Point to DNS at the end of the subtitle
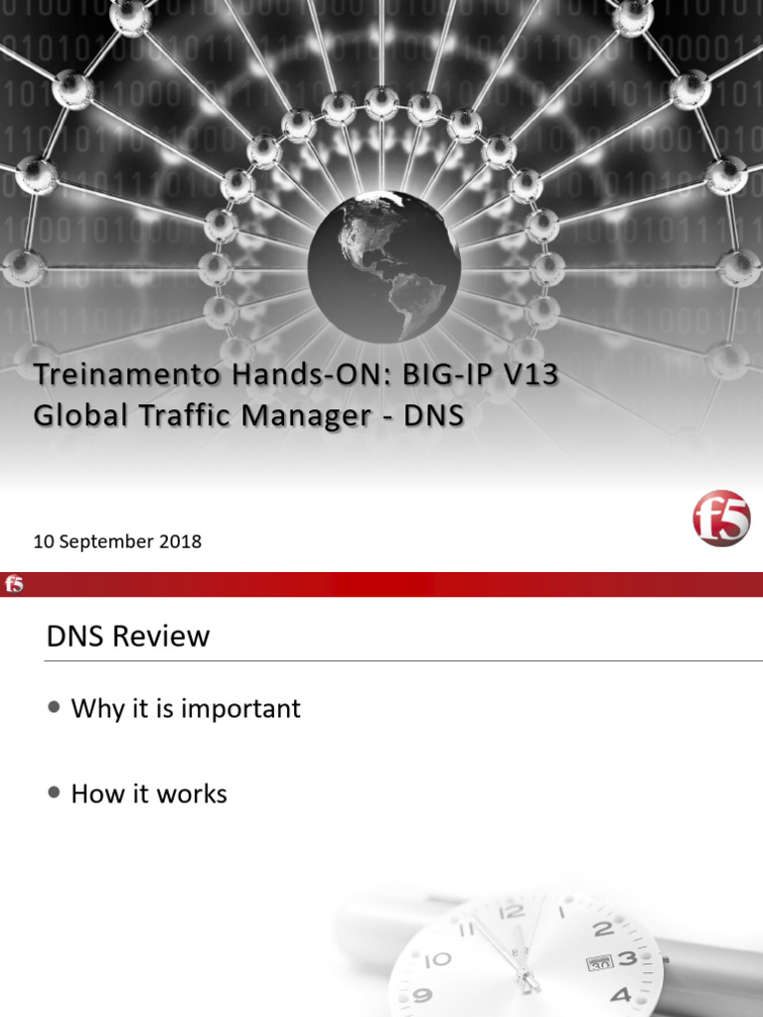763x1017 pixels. [x=433, y=415]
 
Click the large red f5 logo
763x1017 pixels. [x=721, y=518]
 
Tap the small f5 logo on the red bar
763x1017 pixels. [x=14, y=584]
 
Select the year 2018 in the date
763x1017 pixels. [x=181, y=542]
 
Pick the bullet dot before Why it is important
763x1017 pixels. [x=54, y=707]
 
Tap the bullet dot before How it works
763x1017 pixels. [x=54, y=793]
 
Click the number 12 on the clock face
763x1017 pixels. [x=512, y=912]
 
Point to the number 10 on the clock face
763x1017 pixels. [x=437, y=959]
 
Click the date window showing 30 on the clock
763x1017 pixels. [x=598, y=963]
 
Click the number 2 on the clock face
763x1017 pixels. [x=603, y=930]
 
